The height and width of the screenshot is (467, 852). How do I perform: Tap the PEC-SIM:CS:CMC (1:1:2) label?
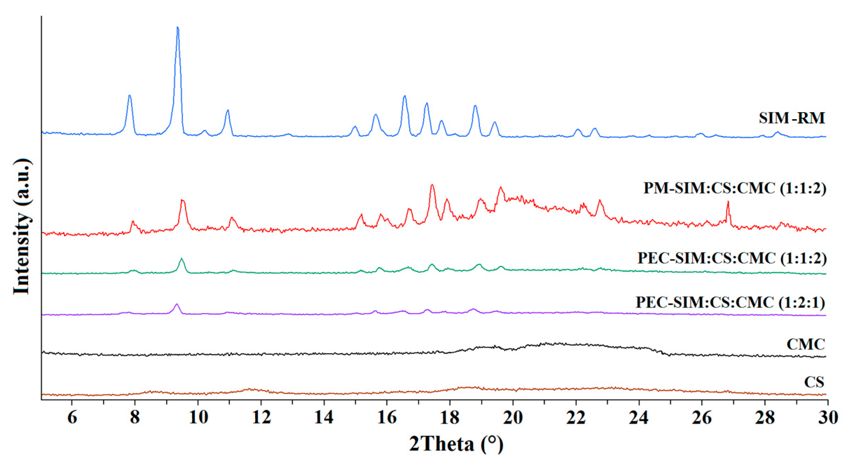[x=732, y=258]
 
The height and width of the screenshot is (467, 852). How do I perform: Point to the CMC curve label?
[x=805, y=345]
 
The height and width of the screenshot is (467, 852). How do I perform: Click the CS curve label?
[x=814, y=382]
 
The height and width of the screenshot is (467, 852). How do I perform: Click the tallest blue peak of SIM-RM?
[x=178, y=28]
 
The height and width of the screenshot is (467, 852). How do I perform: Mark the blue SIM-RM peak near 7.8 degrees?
[x=130, y=96]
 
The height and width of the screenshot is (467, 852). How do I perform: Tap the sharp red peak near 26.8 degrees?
[x=728, y=202]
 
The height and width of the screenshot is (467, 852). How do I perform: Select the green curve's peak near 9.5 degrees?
[x=181, y=259]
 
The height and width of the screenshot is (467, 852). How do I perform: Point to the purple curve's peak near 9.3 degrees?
[x=177, y=304]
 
